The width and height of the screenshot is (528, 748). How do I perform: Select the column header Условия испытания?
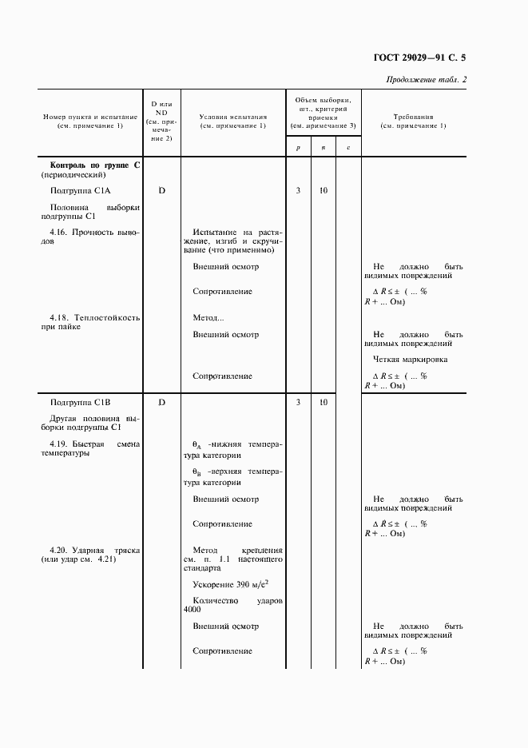[x=232, y=117]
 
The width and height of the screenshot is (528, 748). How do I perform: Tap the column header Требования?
[x=413, y=117]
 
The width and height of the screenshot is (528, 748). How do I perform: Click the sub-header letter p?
[x=298, y=147]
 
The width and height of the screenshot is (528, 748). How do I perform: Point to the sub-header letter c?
[x=348, y=147]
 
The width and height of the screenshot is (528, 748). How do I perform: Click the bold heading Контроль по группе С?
[x=95, y=165]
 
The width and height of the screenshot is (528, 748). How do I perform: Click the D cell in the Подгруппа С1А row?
[x=161, y=190]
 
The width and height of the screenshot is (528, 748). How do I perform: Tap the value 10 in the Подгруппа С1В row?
[x=324, y=402]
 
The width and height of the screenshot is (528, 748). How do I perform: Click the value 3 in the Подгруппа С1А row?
[x=298, y=190]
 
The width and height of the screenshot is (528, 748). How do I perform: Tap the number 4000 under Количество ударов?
[x=192, y=609]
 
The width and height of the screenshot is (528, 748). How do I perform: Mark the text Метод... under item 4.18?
[x=208, y=317]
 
